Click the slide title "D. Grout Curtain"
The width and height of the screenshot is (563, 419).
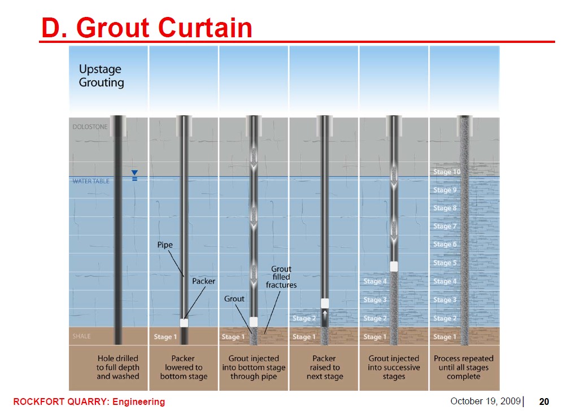147,28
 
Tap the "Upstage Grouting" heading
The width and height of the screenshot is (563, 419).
101,76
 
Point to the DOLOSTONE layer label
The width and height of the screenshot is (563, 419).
90,126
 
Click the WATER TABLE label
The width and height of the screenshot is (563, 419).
91,181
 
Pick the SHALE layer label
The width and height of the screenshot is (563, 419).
81,336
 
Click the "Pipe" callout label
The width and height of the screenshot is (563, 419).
165,245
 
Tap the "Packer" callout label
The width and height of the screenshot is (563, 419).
204,281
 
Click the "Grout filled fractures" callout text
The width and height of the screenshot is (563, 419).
281,277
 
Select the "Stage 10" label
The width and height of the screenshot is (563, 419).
447,172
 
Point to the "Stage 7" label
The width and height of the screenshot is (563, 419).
444,226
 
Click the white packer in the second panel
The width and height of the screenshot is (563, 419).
184,323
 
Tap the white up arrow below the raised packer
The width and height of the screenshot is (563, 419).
325,316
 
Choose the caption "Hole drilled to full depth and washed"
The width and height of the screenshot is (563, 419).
118,367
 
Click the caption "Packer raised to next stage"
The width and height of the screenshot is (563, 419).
325,367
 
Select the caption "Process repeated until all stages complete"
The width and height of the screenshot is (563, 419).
464,367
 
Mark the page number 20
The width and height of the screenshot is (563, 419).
544,401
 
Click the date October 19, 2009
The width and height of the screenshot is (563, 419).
486,401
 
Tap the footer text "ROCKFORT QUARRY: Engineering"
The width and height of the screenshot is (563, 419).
89,401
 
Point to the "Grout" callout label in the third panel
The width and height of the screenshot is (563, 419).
234,299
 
